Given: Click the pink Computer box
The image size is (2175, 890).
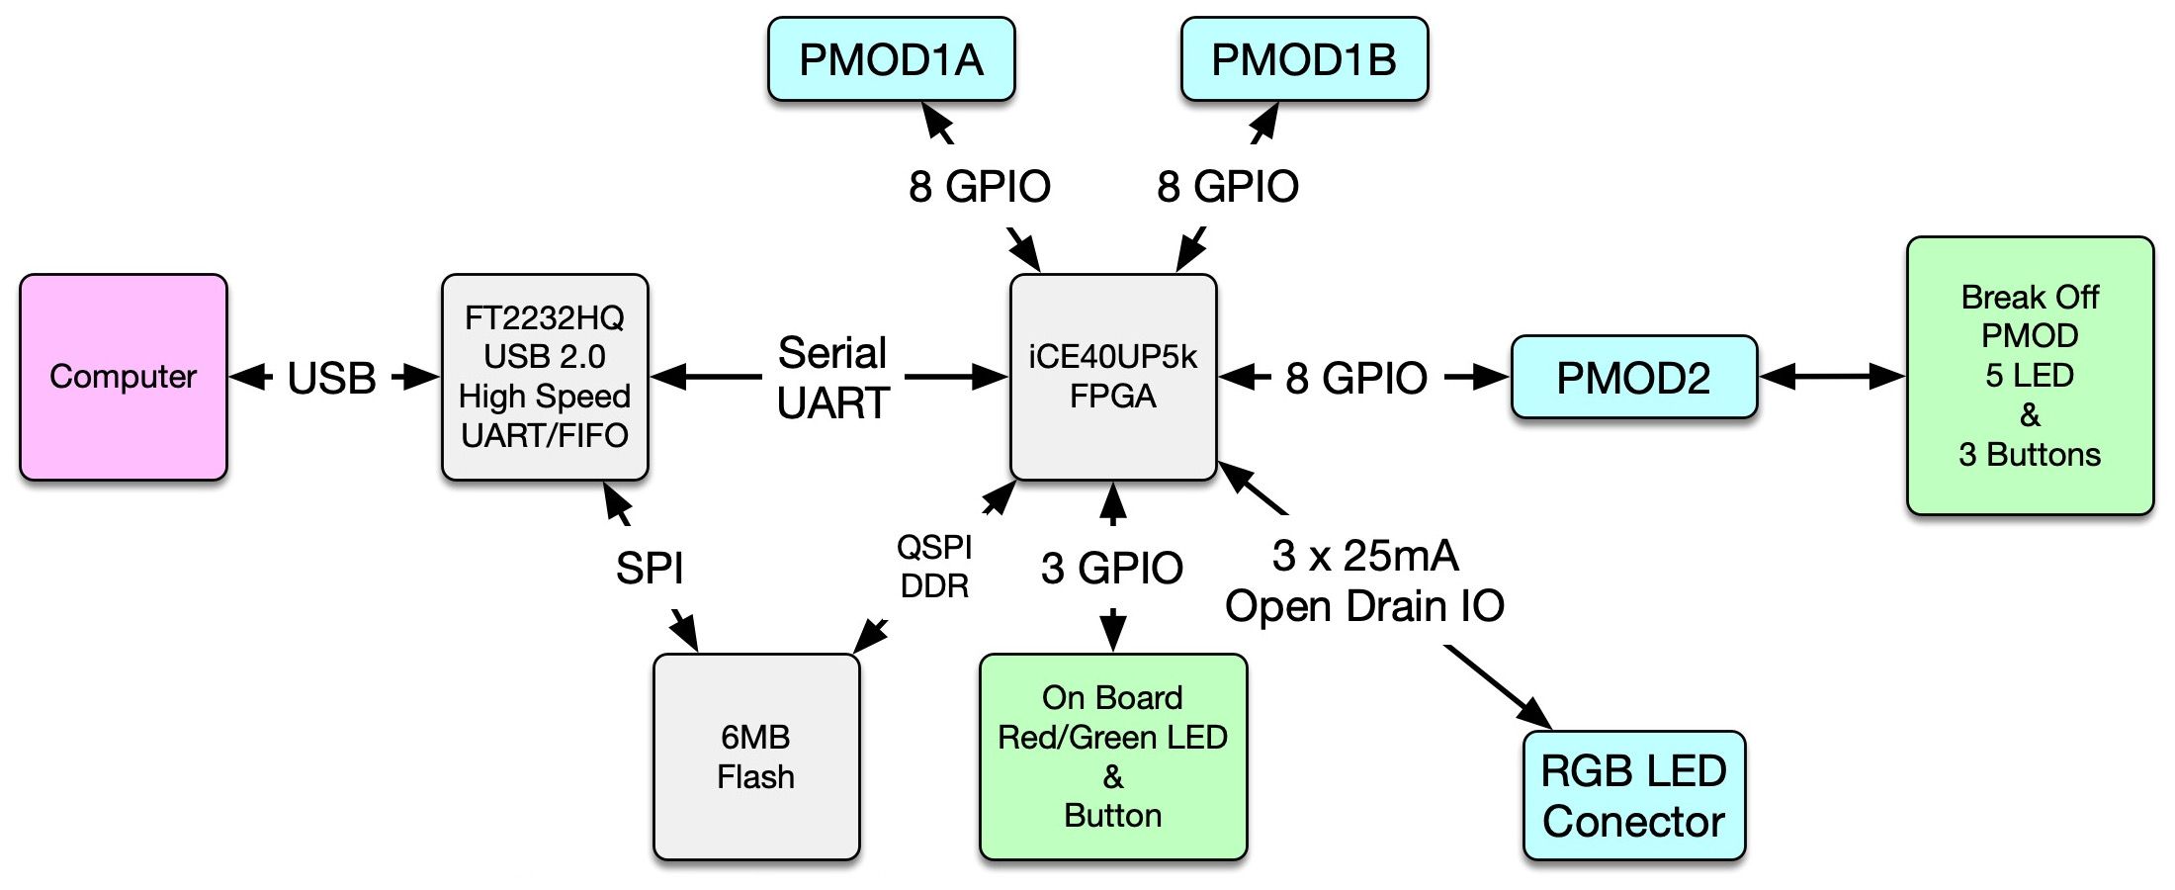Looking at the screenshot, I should pyautogui.click(x=124, y=377).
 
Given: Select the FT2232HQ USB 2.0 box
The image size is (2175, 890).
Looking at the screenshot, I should pyautogui.click(x=545, y=377).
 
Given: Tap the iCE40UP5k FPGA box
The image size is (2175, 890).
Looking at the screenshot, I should pyautogui.click(x=1113, y=377).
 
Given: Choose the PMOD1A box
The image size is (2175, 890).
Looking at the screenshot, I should pyautogui.click(x=891, y=59).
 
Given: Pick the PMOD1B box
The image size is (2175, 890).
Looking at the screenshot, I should pyautogui.click(x=1304, y=59).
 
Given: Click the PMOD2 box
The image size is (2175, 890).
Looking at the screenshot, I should pyautogui.click(x=1633, y=378).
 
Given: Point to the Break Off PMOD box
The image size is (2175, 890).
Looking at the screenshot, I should pyautogui.click(x=2030, y=376).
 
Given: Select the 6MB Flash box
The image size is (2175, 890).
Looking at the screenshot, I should pyautogui.click(x=756, y=756).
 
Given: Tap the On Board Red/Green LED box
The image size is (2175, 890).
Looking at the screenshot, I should pyautogui.click(x=1113, y=756).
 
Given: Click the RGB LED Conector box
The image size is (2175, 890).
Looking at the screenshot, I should pyautogui.click(x=1634, y=796).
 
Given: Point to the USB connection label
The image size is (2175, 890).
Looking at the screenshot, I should pyautogui.click(x=332, y=378).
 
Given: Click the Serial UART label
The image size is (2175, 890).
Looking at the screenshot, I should pyautogui.click(x=833, y=378).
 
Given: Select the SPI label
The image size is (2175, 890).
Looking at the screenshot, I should pyautogui.click(x=650, y=568).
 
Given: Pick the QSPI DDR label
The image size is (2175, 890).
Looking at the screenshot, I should pyautogui.click(x=934, y=567).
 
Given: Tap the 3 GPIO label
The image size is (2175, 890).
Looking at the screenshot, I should pyautogui.click(x=1112, y=568).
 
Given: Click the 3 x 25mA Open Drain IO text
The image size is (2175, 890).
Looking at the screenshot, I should pyautogui.click(x=1364, y=581).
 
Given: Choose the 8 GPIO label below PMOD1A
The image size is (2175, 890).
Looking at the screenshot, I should pyautogui.click(x=980, y=186).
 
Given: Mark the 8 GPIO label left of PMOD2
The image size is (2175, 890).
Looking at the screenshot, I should pyautogui.click(x=1356, y=378).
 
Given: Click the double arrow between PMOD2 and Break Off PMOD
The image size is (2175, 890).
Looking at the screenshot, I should pyautogui.click(x=1832, y=377).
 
